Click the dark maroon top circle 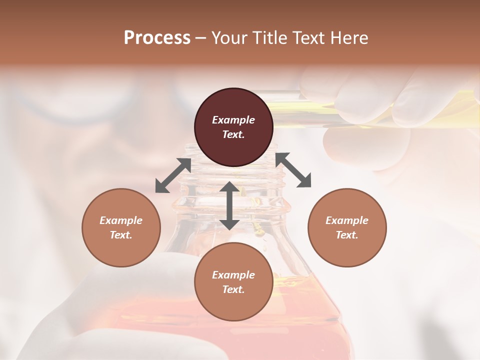[x=233, y=127]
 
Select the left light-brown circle [x=121, y=227]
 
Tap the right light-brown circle [x=347, y=227]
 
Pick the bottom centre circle [x=233, y=282]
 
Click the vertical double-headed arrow [x=229, y=205]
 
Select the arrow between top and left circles [x=173, y=175]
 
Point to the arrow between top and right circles [x=293, y=170]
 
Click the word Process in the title [x=157, y=37]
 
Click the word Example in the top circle [x=233, y=120]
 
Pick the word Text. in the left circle [x=121, y=235]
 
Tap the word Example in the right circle [x=347, y=220]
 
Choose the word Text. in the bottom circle [x=233, y=289]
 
